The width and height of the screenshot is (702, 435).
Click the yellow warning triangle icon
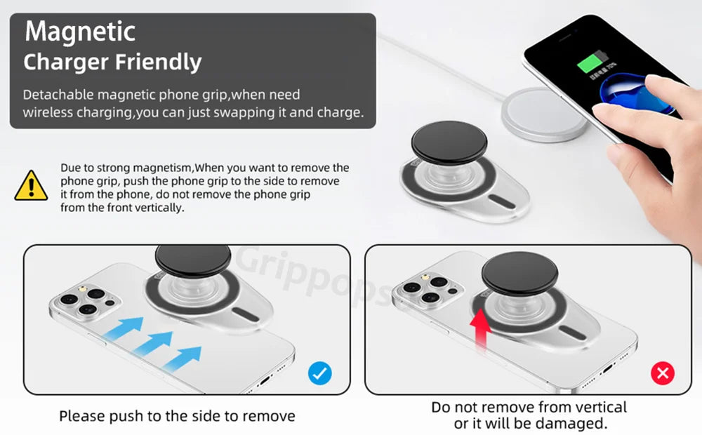pos(31,186)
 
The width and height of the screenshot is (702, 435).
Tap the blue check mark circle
pos(319,373)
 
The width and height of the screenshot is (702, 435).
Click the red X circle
pos(663,373)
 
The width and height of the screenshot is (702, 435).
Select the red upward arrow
pos(480,328)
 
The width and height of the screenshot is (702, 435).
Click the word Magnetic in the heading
pos(80,32)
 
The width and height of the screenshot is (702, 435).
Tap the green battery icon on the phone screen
pos(592,62)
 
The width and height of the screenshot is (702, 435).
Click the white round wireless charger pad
pos(545,114)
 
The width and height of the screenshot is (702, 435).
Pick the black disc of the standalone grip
pos(449,142)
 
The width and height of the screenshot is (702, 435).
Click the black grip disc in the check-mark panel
pos(193,261)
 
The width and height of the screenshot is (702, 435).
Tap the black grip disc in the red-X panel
pos(519,273)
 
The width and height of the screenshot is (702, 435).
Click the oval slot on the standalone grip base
pos(501,201)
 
